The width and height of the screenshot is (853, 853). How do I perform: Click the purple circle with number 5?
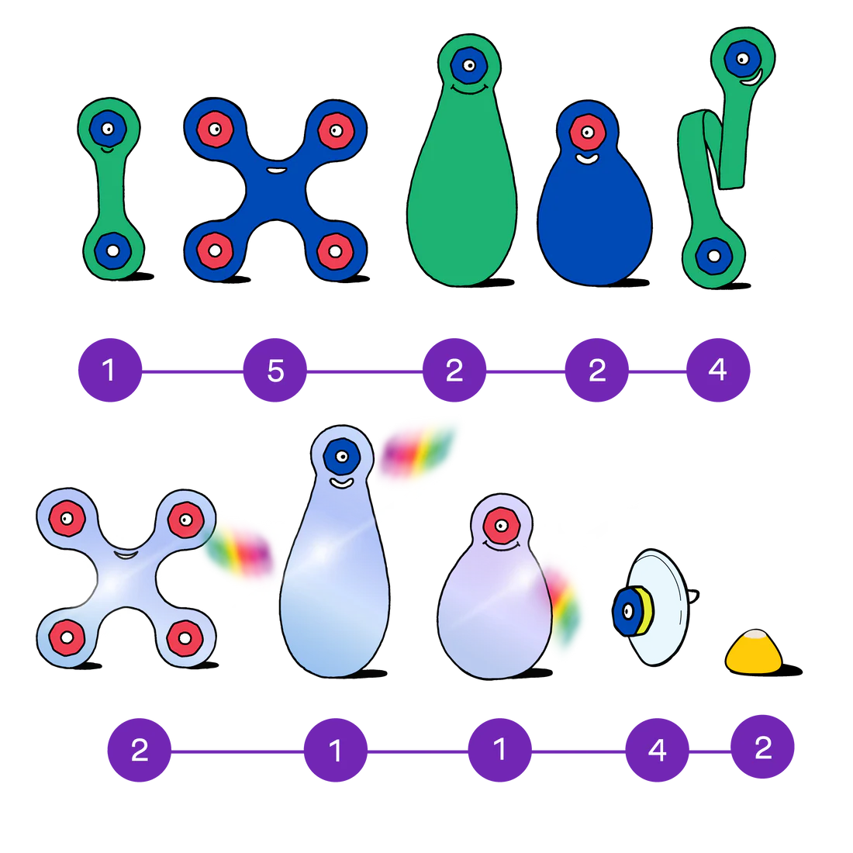point(275,371)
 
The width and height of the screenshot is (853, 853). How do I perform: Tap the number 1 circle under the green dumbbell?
point(109,370)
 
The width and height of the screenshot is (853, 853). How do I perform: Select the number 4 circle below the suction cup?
point(657,750)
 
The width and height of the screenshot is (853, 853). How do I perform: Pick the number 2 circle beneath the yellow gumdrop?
point(763,748)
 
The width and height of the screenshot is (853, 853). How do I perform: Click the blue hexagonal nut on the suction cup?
point(627,611)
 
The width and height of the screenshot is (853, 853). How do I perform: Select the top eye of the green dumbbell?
point(108,128)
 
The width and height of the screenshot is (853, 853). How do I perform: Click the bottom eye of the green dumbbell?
point(112,250)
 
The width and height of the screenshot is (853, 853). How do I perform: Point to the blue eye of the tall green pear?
point(468,64)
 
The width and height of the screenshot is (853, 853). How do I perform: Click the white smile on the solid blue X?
point(275,169)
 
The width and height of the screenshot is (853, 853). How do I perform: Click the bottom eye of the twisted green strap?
point(713,255)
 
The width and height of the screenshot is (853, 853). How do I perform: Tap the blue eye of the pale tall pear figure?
point(340,457)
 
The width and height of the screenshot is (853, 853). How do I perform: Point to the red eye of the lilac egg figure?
point(502,525)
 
